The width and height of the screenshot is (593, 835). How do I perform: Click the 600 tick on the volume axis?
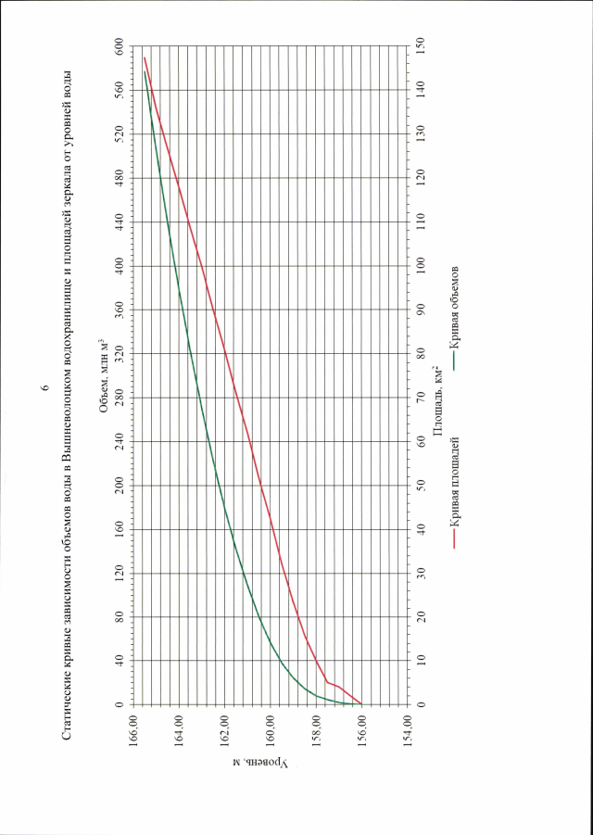pyautogui.click(x=120, y=45)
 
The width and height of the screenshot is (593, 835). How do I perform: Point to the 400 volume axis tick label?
pyautogui.click(x=120, y=266)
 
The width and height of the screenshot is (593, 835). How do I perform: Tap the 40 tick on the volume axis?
pyautogui.click(x=120, y=661)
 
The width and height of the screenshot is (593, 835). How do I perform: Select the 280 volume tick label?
pyautogui.click(x=120, y=398)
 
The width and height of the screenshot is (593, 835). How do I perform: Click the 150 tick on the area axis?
pyautogui.click(x=422, y=45)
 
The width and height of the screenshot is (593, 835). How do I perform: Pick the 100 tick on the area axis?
pyautogui.click(x=422, y=266)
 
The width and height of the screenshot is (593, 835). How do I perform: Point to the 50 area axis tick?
pyautogui.click(x=422, y=486)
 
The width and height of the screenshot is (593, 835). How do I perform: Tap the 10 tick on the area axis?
pyautogui.click(x=422, y=661)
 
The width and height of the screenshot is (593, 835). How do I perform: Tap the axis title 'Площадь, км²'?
pyautogui.click(x=436, y=399)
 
